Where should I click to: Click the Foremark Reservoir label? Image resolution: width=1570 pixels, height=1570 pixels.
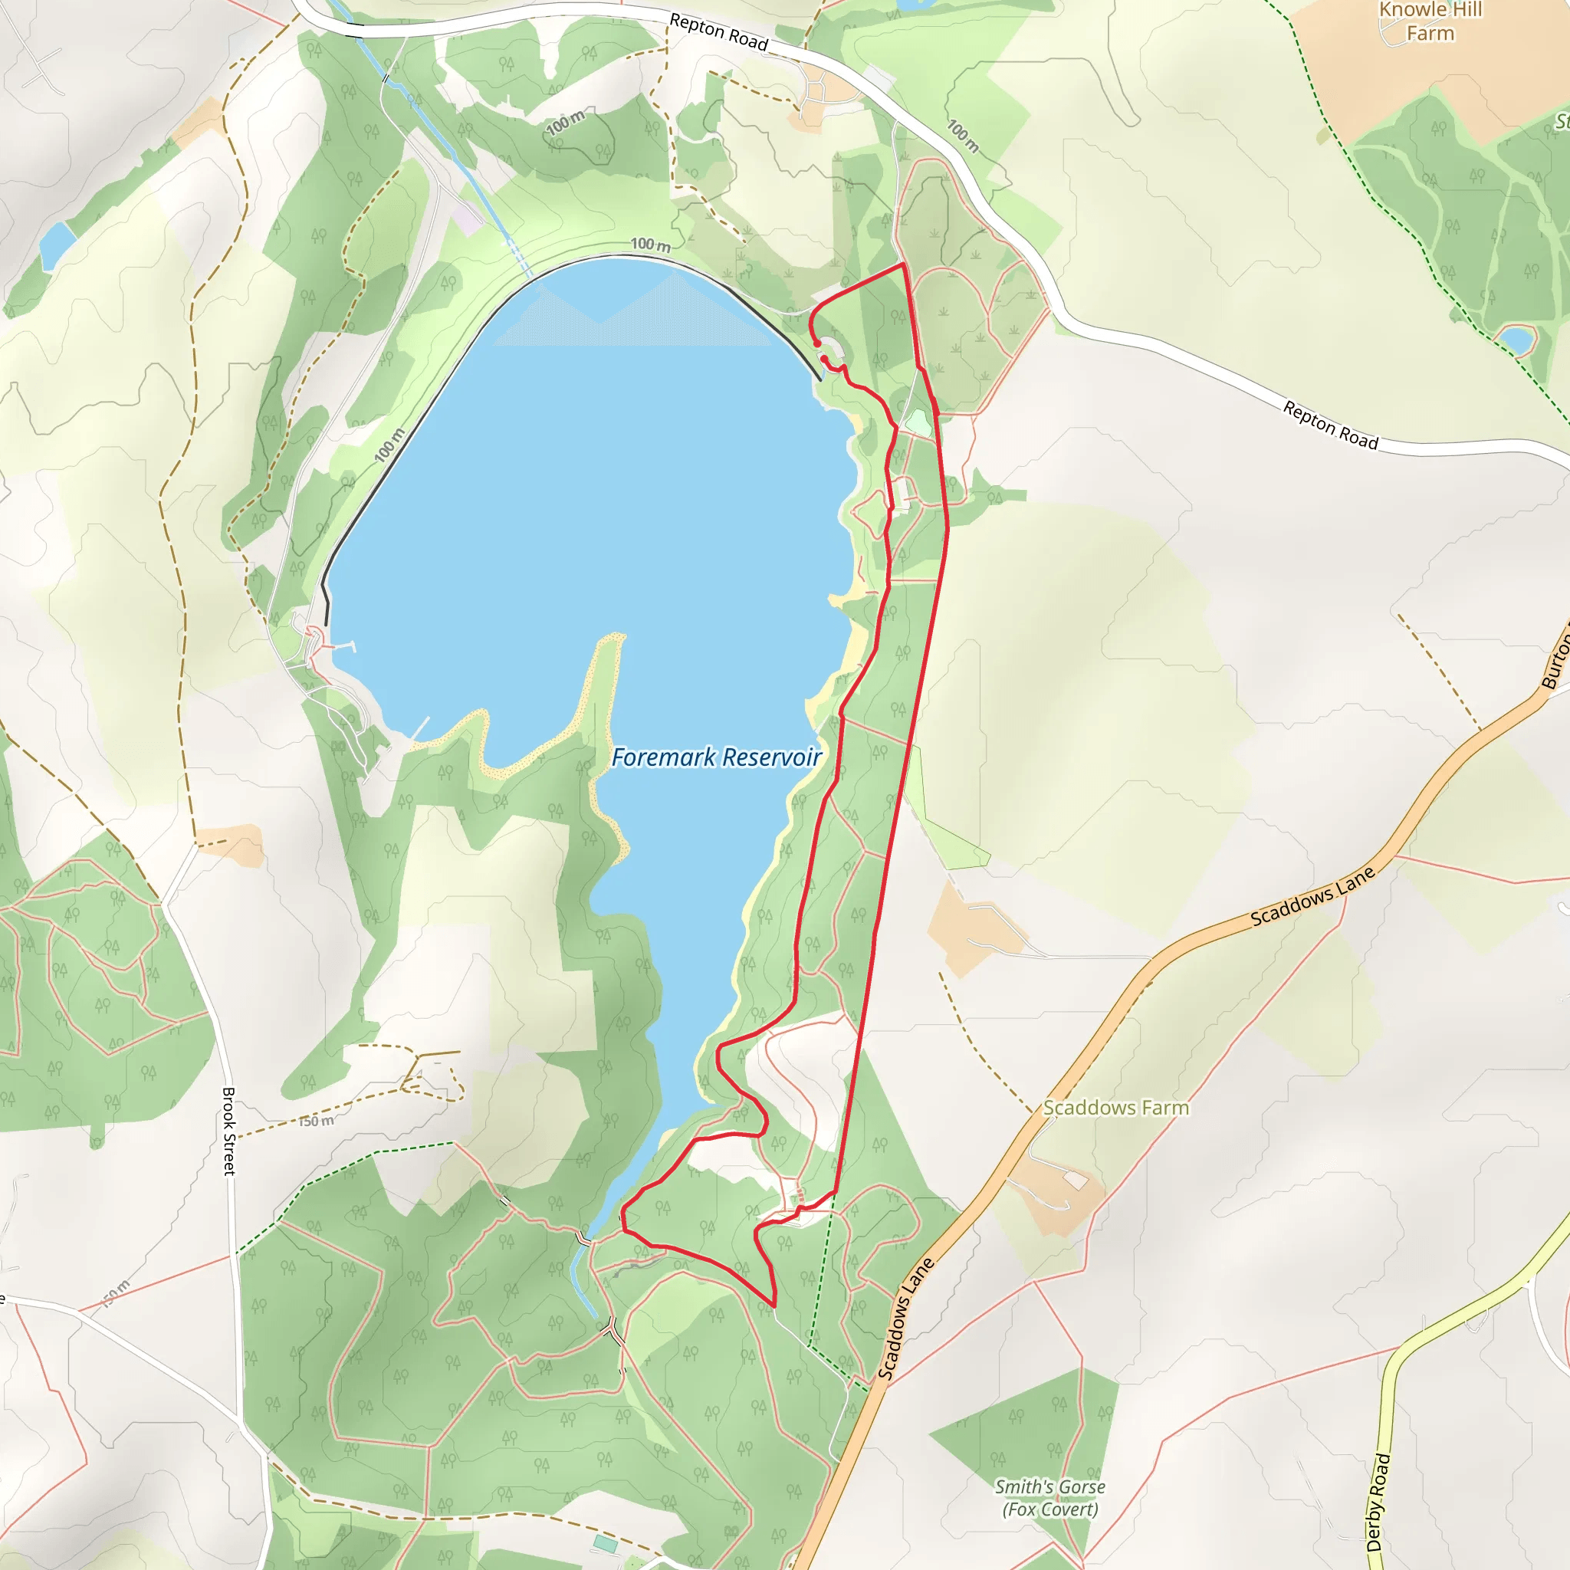pyautogui.click(x=716, y=757)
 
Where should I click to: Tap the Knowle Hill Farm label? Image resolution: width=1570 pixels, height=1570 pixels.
pyautogui.click(x=1430, y=22)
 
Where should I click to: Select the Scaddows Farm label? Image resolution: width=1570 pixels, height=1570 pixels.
pyautogui.click(x=1115, y=1108)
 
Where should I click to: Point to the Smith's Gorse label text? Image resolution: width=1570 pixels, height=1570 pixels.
pyautogui.click(x=1050, y=1486)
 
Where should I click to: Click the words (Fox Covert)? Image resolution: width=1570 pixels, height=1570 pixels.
pyautogui.click(x=1050, y=1509)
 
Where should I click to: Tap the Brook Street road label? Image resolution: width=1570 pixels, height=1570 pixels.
pyautogui.click(x=229, y=1132)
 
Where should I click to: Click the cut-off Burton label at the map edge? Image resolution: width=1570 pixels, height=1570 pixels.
pyautogui.click(x=1556, y=659)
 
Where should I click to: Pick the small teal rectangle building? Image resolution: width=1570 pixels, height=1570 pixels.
pyautogui.click(x=605, y=1542)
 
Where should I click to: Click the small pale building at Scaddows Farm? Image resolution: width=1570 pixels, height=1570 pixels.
pyautogui.click(x=1075, y=1180)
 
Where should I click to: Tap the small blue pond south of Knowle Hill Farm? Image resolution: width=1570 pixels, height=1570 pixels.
pyautogui.click(x=1516, y=340)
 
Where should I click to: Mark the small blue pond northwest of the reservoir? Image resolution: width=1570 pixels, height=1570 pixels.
pyautogui.click(x=57, y=245)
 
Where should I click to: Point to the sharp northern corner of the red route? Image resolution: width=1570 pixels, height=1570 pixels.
pyautogui.click(x=903, y=265)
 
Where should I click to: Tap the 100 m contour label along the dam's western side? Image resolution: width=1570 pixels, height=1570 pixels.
pyautogui.click(x=389, y=446)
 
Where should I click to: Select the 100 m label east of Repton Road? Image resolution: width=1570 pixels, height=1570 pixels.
pyautogui.click(x=963, y=136)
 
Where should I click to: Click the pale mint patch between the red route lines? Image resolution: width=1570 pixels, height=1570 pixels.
pyautogui.click(x=918, y=422)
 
